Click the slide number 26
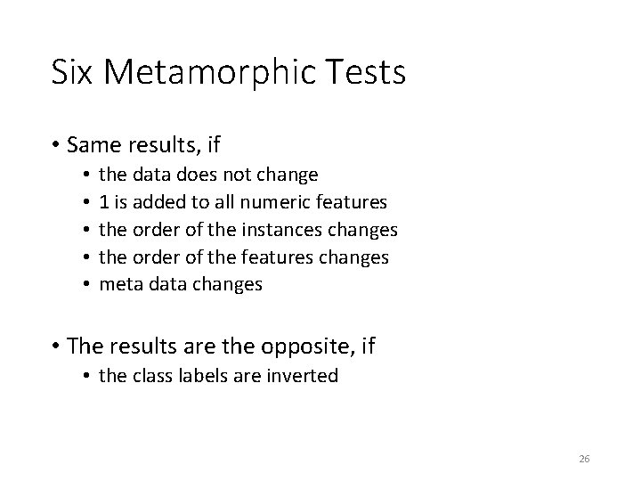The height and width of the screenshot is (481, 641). (584, 459)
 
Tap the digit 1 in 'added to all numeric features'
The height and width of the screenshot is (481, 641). (104, 202)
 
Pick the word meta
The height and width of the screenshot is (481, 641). (118, 285)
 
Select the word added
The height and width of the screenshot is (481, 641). (159, 202)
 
